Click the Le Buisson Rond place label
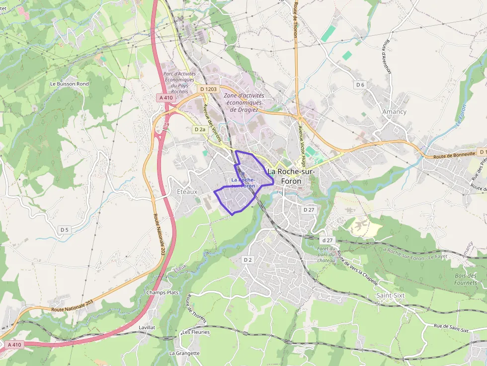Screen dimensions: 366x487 point(70,84)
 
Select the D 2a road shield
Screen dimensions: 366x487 point(200,129)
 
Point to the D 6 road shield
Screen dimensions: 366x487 point(360,85)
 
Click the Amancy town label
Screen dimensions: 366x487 point(394,112)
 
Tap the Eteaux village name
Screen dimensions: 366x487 point(187,191)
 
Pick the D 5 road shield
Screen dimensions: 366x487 point(65,229)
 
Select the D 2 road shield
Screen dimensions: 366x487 point(248,260)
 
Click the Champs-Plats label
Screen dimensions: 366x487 point(162,293)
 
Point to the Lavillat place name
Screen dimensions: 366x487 point(147,328)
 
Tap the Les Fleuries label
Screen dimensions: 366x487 point(196,332)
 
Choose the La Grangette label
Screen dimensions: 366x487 point(184,353)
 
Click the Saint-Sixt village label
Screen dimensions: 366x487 point(391,295)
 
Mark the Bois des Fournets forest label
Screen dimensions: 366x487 point(466,279)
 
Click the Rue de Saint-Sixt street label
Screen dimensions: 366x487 point(451,329)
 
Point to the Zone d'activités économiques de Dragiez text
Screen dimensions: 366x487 point(244,102)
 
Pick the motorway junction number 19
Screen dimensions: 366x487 point(166,125)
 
